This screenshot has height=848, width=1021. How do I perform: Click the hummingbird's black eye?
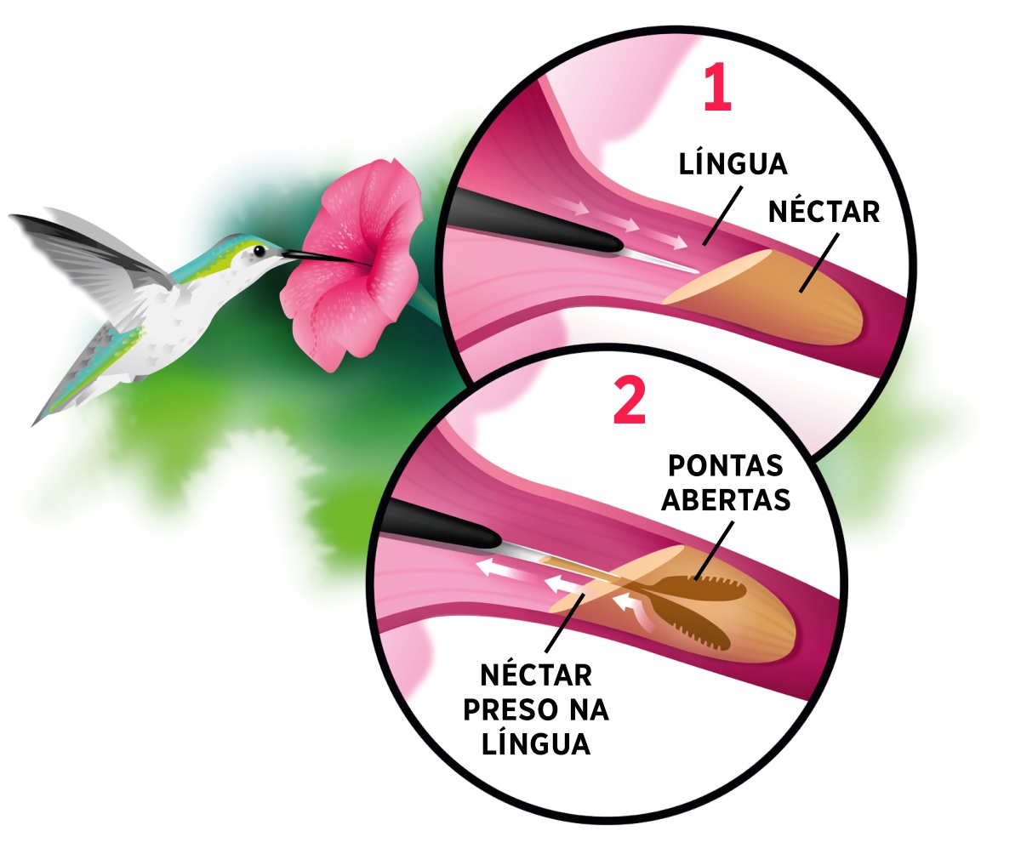tap(260, 251)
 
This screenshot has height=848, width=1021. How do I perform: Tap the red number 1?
tap(717, 88)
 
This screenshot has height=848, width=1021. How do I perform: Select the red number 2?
tap(630, 400)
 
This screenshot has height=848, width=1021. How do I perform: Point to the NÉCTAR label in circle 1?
tap(824, 212)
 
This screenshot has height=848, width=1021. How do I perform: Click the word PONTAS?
tap(726, 465)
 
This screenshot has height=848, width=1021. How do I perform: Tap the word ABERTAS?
tap(726, 499)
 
